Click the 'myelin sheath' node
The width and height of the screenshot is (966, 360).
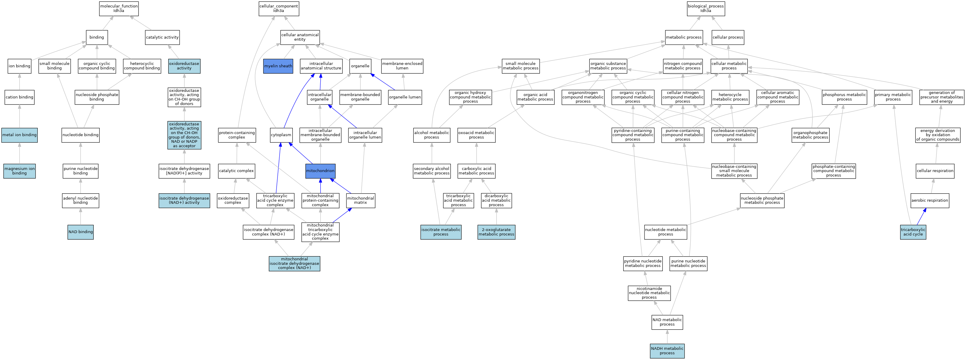point(278,66)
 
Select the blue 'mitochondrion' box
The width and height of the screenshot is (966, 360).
point(320,171)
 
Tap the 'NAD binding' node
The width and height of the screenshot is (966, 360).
point(81,232)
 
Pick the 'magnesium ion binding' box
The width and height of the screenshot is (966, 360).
point(19,171)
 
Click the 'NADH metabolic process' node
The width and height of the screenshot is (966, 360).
point(667,351)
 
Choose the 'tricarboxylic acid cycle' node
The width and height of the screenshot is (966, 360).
point(913,232)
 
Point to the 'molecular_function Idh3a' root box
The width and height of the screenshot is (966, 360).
point(119,8)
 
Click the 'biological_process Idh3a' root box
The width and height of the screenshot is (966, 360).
point(706,8)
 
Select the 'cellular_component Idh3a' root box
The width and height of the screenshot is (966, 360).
point(279,8)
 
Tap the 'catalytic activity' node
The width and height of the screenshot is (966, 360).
point(162,37)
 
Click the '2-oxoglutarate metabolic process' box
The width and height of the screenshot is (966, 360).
point(496,232)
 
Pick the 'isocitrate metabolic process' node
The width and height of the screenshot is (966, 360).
point(441,232)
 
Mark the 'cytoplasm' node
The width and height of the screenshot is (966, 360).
point(281,135)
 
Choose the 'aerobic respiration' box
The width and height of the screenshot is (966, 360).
point(929,200)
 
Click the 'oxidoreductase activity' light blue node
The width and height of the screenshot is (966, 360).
point(184,66)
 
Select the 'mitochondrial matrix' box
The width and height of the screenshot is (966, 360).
point(360,200)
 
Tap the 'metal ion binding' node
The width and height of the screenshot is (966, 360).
point(19,135)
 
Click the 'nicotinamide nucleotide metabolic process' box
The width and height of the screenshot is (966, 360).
point(649,293)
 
